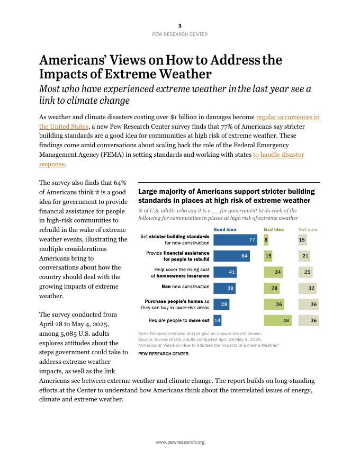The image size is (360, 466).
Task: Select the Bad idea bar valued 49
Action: [277, 320]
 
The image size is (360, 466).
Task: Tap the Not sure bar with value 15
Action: [302, 240]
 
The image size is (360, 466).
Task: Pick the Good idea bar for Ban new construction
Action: [224, 288]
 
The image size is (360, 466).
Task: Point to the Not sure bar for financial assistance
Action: [304, 256]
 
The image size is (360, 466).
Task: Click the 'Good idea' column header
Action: [225, 229]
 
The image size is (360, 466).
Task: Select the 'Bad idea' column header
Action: [274, 229]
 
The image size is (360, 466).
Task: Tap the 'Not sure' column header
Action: [308, 229]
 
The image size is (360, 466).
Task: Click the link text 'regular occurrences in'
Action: [287, 116]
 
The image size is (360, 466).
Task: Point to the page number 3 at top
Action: [179, 25]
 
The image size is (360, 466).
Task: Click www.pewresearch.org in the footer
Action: [179, 442]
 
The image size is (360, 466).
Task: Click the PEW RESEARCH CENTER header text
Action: [179, 34]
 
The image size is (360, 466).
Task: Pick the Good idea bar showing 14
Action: [217, 320]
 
